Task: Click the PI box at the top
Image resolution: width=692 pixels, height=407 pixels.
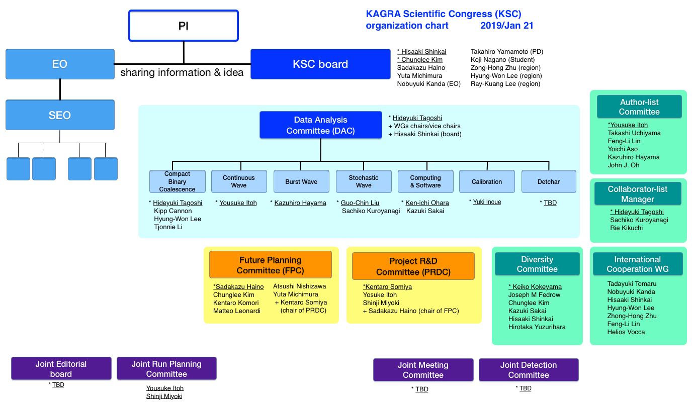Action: click(184, 26)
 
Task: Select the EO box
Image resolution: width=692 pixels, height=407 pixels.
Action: click(60, 64)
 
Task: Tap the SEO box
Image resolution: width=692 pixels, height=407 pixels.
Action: click(60, 115)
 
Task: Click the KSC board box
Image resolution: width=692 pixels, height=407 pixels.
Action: click(320, 64)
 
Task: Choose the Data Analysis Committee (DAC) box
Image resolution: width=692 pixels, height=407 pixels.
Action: click(321, 125)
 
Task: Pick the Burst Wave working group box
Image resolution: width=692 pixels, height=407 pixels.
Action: click(301, 181)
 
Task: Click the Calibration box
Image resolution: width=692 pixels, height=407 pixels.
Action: click(487, 181)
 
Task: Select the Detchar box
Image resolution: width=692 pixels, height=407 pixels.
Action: click(549, 181)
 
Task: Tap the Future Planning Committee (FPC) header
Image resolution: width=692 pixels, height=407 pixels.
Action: click(271, 265)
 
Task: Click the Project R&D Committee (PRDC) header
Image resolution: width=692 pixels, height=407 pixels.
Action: click(413, 266)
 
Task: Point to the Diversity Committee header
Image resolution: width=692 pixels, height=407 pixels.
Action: click(537, 264)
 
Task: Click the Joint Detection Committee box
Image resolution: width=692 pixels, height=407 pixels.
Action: click(529, 370)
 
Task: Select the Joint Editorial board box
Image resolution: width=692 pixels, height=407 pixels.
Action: click(61, 368)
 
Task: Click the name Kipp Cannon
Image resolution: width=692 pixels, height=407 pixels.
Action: click(172, 211)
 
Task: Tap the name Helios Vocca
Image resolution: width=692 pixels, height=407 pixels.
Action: click(626, 332)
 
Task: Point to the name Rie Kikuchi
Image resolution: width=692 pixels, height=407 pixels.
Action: click(626, 228)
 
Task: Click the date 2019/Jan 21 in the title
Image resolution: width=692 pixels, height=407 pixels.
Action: click(507, 25)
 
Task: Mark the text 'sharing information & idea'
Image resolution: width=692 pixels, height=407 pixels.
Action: click(182, 72)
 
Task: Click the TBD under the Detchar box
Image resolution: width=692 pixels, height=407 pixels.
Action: click(550, 202)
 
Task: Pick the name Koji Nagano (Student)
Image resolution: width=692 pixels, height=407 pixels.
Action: click(502, 60)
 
